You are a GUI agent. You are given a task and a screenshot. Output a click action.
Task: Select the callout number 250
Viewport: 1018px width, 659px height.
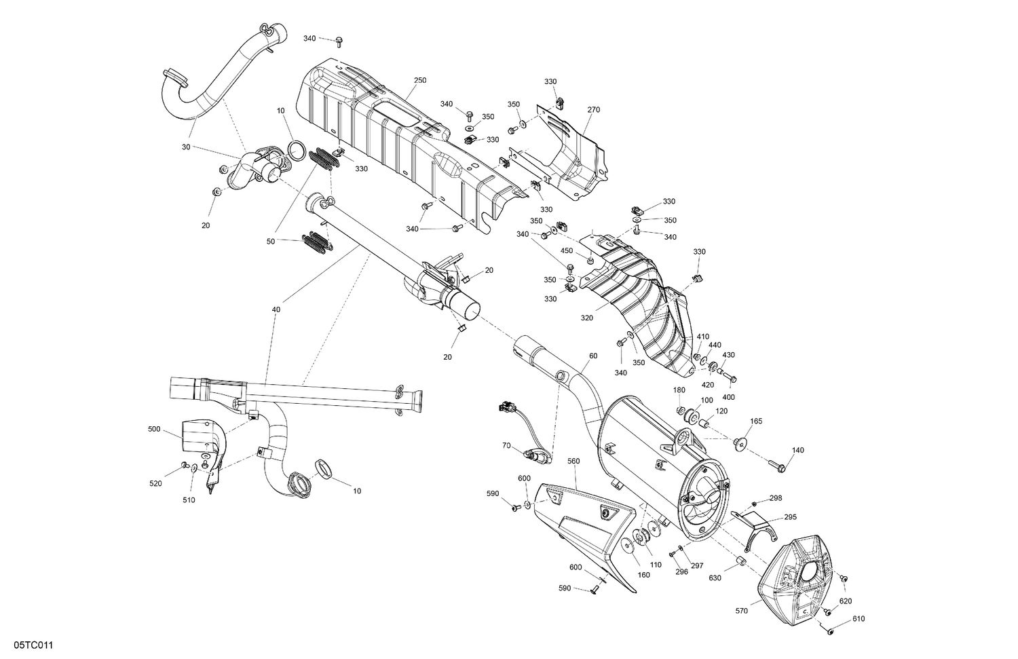click(x=419, y=80)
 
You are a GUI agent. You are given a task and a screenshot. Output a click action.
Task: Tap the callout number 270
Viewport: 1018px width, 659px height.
click(x=593, y=109)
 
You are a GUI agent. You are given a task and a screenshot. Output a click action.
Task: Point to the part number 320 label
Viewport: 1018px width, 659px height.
click(x=586, y=318)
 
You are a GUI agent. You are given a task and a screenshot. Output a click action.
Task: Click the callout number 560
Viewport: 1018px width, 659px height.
click(x=573, y=461)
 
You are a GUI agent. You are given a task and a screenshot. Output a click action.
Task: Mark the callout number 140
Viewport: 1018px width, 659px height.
click(x=797, y=451)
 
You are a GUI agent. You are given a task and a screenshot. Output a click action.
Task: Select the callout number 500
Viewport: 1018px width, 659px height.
click(x=154, y=429)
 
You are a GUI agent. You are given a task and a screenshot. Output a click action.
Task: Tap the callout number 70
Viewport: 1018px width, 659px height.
click(x=506, y=446)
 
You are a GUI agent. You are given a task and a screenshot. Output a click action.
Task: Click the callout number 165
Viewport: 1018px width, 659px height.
click(x=756, y=421)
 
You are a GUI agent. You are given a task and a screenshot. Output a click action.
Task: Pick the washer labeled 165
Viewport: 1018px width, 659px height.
click(x=739, y=443)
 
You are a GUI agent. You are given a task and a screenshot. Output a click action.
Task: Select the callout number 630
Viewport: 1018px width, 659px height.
click(x=715, y=578)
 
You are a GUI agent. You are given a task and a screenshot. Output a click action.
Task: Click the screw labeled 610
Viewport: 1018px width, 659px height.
click(x=831, y=631)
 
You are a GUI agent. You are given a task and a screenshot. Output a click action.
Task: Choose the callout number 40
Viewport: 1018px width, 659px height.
click(x=276, y=309)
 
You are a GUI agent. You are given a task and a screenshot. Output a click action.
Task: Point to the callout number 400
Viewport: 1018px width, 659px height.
click(x=728, y=397)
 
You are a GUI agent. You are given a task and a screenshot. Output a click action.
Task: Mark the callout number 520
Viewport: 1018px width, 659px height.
click(x=155, y=483)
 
